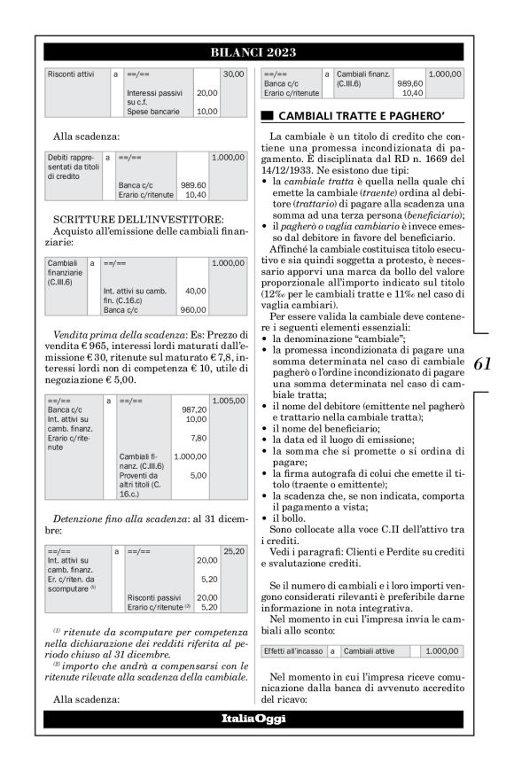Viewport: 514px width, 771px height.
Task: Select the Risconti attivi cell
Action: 70,74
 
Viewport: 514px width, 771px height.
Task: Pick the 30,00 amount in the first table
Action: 233,74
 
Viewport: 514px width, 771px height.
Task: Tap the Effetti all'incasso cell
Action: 292,650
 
